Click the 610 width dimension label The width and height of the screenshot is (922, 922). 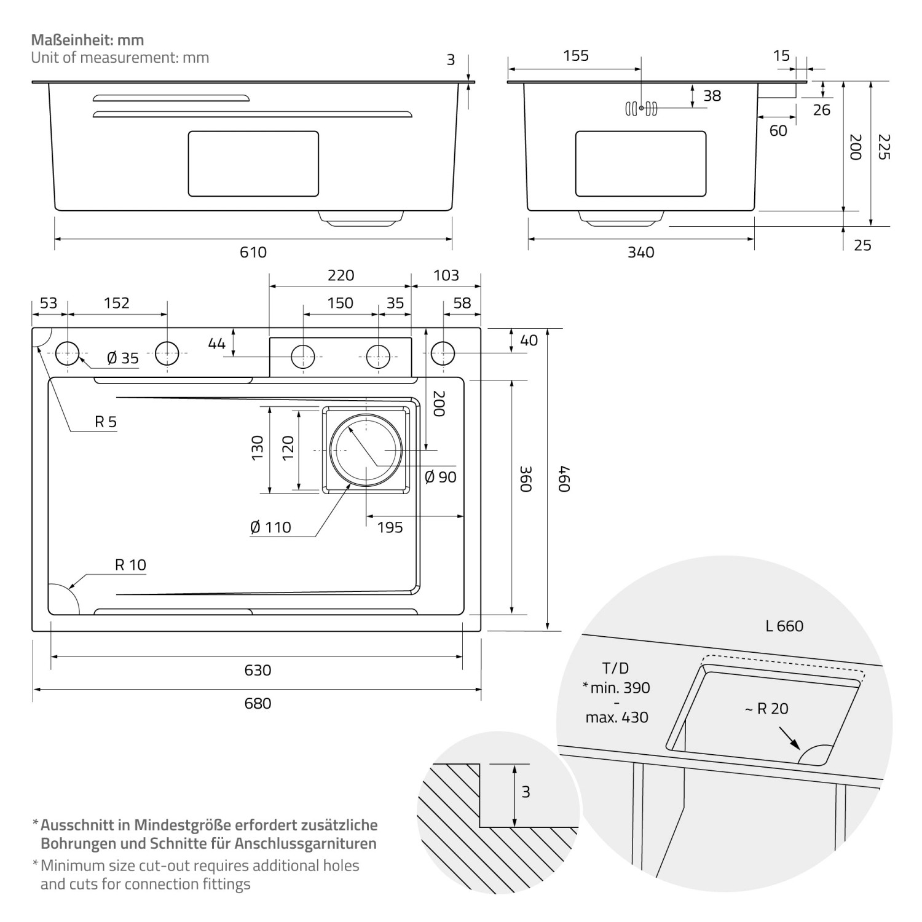tap(253, 252)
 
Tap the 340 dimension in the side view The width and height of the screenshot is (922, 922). tap(640, 252)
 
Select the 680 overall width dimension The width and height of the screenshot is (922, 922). tap(258, 703)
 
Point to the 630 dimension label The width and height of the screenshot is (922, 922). tap(258, 670)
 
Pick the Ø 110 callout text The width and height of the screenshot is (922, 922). tap(270, 527)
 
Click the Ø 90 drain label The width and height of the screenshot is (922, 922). tap(441, 477)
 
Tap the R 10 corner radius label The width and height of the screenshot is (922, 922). tap(130, 565)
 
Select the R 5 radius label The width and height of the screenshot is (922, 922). tap(105, 422)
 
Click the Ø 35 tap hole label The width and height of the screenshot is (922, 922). tap(123, 358)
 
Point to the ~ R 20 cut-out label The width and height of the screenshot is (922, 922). tap(766, 709)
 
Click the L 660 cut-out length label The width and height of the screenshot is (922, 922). tap(784, 626)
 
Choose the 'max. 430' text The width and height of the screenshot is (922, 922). tap(617, 717)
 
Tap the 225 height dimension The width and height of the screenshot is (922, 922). tap(883, 147)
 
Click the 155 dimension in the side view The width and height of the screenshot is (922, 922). tap(576, 56)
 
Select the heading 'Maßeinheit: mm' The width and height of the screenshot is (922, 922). tap(87, 40)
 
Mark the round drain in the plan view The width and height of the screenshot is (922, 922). tap(366, 450)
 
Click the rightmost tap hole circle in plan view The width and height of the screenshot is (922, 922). tap(443, 354)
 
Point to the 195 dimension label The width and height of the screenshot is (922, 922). tap(390, 527)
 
